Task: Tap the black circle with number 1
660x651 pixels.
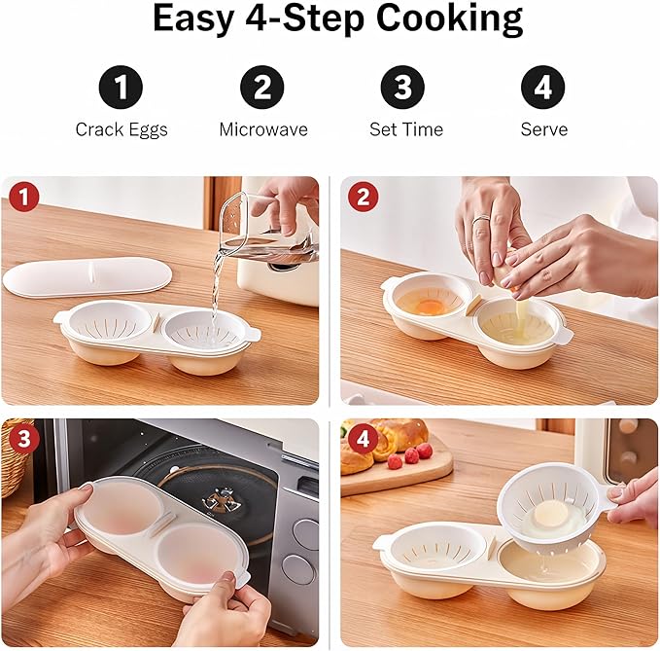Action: click(121, 89)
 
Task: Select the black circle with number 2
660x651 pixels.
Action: click(261, 89)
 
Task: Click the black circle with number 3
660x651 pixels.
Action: click(403, 89)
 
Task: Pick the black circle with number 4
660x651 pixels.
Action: click(543, 89)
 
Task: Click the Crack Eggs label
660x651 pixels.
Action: click(121, 129)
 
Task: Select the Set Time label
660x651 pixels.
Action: click(405, 129)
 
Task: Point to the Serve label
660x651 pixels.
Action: click(543, 129)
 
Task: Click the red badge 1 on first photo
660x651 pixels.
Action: click(24, 198)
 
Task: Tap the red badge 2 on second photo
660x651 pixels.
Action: click(363, 198)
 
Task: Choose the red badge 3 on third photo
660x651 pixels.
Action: click(24, 439)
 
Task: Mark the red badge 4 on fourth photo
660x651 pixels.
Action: click(363, 439)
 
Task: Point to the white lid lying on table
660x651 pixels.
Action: click(87, 277)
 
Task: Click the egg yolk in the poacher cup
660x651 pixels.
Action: click(430, 306)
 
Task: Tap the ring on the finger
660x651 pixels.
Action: click(480, 220)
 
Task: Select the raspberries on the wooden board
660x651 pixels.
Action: click(408, 453)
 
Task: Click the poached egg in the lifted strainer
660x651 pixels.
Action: click(550, 513)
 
